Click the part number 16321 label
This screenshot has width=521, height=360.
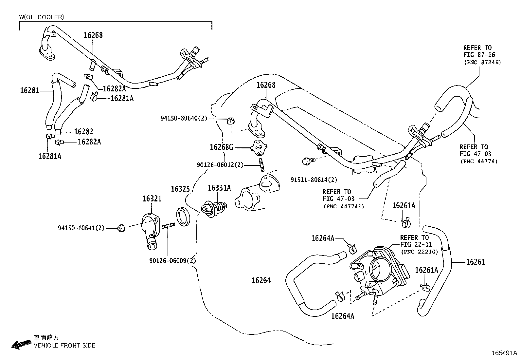click(152, 199)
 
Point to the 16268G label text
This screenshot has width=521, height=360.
click(222, 147)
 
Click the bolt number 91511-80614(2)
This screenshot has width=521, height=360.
click(314, 180)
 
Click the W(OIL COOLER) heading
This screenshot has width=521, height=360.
click(42, 17)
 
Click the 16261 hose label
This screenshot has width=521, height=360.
click(476, 262)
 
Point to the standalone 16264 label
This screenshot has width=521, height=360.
click(261, 280)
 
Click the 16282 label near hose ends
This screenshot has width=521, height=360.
click(83, 132)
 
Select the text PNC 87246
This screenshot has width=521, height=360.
click(482, 62)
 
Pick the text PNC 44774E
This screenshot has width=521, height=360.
click(344, 206)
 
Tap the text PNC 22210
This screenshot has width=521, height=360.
click(419, 252)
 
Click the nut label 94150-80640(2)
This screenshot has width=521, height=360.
click(184, 118)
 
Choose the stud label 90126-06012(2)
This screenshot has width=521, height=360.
click(220, 165)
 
